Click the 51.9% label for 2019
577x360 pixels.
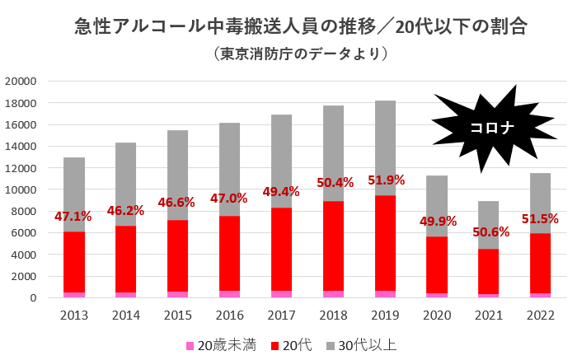pos(386,179)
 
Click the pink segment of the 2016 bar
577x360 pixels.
pos(230,293)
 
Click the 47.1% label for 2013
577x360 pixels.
pos(74,217)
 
